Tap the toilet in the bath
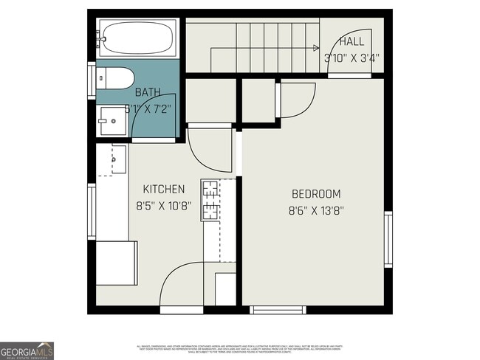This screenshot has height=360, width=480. coord(117,77)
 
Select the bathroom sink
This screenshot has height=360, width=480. coord(114,120)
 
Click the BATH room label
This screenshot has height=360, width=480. coord(148,92)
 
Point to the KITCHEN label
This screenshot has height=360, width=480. coord(163,190)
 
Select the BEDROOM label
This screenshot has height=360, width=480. coord(316,194)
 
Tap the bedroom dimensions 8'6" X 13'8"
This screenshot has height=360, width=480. coord(316,210)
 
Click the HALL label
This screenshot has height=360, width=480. coord(352,42)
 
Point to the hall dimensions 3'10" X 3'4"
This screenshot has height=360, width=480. coord(352,58)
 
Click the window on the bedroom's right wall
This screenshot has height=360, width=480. coord(388,240)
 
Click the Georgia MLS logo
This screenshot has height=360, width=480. coord(27,351)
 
